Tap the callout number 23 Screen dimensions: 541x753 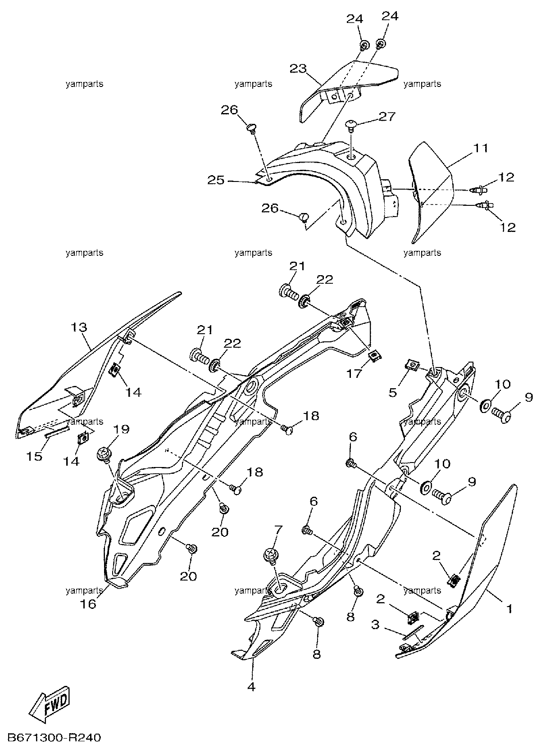(x=298, y=68)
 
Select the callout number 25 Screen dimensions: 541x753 (x=215, y=181)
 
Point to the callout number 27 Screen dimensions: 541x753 (x=387, y=117)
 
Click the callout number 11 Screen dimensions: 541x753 (x=481, y=148)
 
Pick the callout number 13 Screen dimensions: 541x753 (x=79, y=327)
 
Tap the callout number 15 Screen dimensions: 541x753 (x=34, y=456)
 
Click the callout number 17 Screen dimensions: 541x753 (x=354, y=373)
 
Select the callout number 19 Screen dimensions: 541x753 (x=122, y=429)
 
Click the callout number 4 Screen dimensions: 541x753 (x=251, y=686)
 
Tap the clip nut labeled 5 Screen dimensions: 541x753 (x=412, y=364)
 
